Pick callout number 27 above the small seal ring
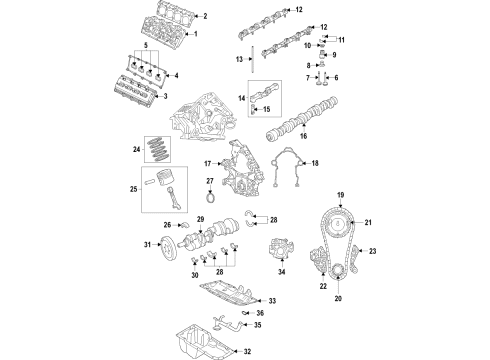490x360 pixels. click(x=211, y=181)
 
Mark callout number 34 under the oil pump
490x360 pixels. click(x=282, y=297)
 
